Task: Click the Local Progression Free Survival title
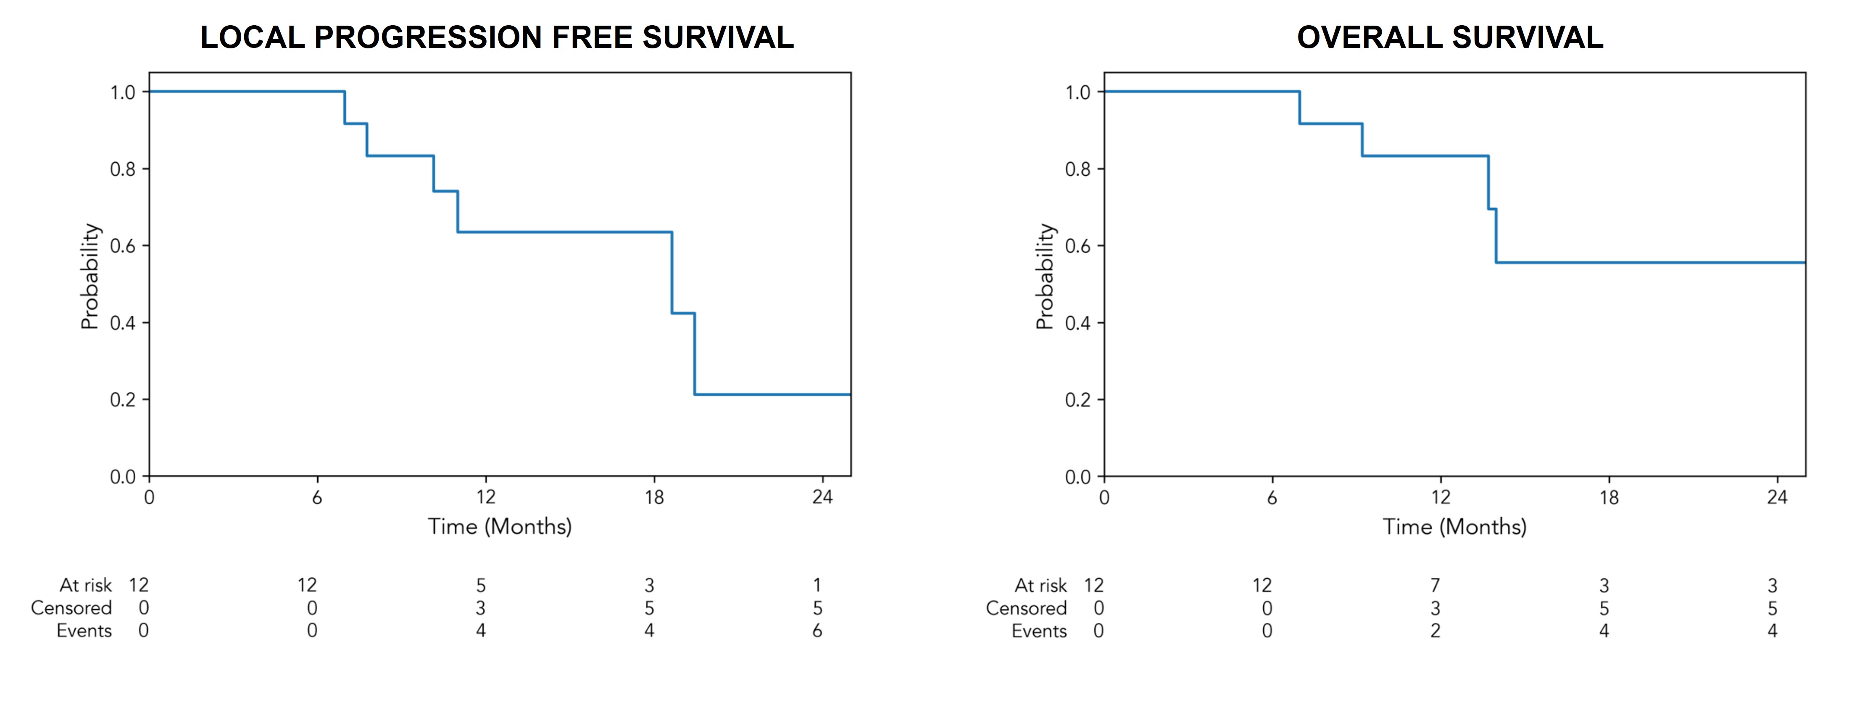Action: click(497, 37)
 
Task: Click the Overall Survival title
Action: click(1450, 37)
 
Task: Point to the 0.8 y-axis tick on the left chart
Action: click(123, 169)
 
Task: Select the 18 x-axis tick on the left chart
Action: click(654, 497)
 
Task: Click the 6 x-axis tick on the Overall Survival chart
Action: click(1272, 497)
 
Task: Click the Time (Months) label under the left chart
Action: click(500, 526)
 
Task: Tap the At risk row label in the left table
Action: click(85, 585)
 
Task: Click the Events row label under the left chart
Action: click(84, 631)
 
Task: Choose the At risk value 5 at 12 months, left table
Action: click(481, 585)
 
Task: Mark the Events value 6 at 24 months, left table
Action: click(817, 631)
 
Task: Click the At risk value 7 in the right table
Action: click(1435, 585)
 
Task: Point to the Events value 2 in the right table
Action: click(1435, 631)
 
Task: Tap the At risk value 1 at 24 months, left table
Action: click(817, 585)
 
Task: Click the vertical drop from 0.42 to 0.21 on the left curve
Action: click(695, 353)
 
